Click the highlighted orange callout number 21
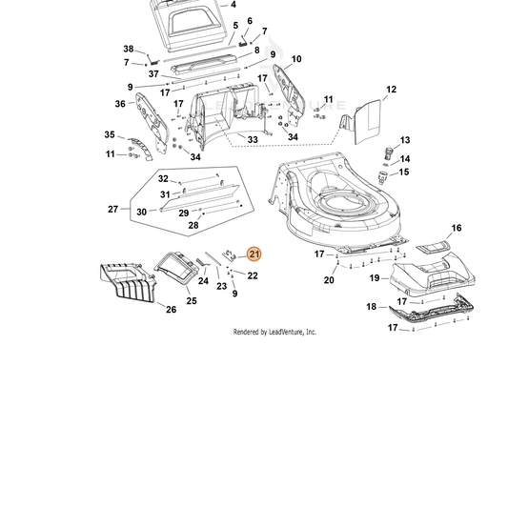(x=254, y=254)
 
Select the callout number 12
(x=391, y=90)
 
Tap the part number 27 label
(x=112, y=210)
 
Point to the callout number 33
(x=253, y=140)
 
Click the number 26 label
(x=171, y=310)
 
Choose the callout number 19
(x=375, y=278)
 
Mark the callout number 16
(x=457, y=228)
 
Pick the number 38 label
(x=129, y=49)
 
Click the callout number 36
(x=120, y=104)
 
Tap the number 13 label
(x=405, y=140)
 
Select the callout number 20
(x=329, y=280)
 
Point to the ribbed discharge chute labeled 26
(x=128, y=283)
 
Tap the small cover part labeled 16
(x=433, y=248)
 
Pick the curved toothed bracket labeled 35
(x=141, y=148)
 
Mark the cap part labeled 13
(x=389, y=153)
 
